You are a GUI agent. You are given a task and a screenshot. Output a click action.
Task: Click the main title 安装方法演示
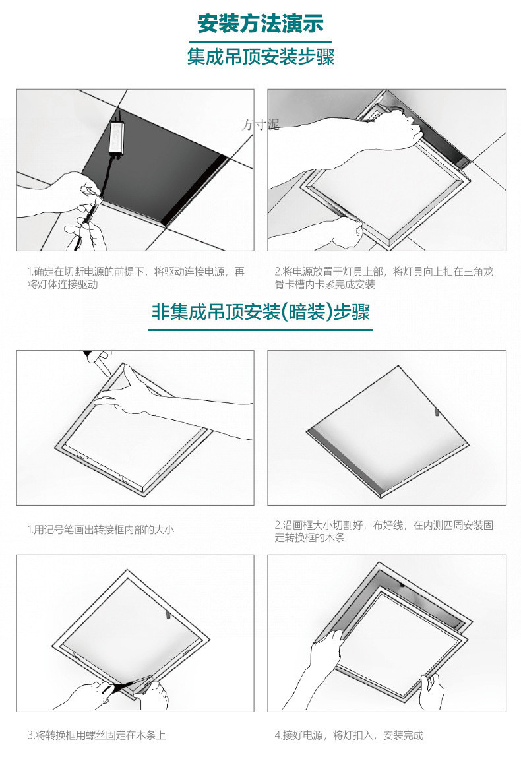[260, 24]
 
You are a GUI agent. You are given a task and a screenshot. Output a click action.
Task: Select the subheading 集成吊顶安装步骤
[260, 57]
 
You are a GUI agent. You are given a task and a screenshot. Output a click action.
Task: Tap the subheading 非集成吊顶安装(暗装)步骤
[260, 311]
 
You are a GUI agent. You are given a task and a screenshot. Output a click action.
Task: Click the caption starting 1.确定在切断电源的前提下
[136, 278]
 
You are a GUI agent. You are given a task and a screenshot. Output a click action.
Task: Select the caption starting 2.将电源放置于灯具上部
[383, 278]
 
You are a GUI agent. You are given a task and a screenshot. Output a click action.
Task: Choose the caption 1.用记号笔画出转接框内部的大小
[100, 530]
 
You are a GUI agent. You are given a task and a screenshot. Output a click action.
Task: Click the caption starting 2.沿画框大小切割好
[383, 531]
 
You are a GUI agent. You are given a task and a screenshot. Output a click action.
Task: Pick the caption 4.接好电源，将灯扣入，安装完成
[348, 735]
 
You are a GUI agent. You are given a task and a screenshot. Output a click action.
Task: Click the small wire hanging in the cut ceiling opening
[436, 411]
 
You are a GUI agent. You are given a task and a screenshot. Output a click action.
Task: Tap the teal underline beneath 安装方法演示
[260, 41]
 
